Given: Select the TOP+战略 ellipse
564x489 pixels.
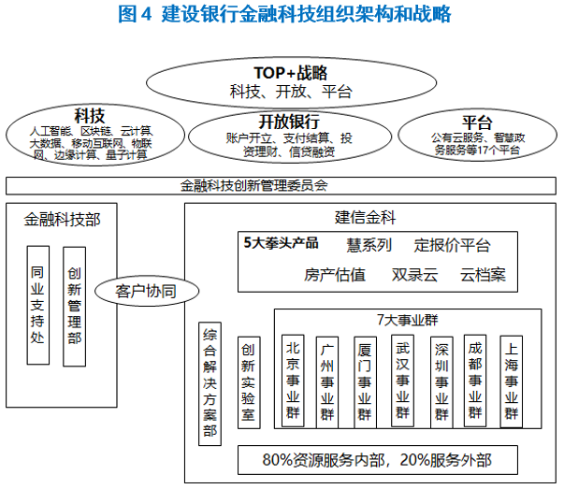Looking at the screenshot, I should (x=291, y=81).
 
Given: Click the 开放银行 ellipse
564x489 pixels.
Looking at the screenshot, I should (x=289, y=137).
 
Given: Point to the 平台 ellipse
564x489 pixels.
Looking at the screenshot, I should (x=477, y=137).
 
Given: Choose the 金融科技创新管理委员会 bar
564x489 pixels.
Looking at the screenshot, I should (x=281, y=185).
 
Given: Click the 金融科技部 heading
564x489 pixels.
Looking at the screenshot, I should (x=63, y=219).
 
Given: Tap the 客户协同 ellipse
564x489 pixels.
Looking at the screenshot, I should (x=146, y=291).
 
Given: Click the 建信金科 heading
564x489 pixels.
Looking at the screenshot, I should (x=366, y=219).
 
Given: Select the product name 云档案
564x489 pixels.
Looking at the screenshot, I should (x=483, y=275).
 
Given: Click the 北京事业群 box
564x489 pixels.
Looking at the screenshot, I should (x=294, y=380).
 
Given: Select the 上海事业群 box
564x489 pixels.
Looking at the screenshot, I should (x=511, y=380).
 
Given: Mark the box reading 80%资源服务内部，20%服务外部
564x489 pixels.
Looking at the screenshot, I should (x=376, y=459).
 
